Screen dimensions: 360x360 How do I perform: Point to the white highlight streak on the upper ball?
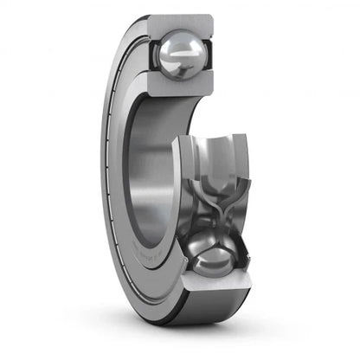(x=185, y=53)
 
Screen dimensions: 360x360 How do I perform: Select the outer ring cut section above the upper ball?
(x=179, y=22)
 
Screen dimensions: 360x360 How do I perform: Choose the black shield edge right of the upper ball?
(x=210, y=57)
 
